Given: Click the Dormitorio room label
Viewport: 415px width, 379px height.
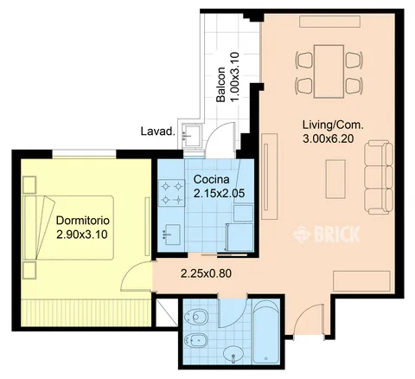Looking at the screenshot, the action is pos(83,221).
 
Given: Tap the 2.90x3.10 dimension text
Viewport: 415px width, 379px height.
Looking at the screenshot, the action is pos(82,234).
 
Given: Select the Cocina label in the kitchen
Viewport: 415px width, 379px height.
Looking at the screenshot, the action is pos(212,179).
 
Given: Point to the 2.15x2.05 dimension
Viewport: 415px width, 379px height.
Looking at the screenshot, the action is pos(219,193).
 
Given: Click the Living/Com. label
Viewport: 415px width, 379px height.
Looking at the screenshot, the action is pos(333,125).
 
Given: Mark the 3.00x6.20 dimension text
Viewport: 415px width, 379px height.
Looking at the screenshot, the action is pos(328,139).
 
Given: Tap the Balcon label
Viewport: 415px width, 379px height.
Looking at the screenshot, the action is pos(220,85).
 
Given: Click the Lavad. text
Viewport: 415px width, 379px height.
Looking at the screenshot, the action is pos(158,132).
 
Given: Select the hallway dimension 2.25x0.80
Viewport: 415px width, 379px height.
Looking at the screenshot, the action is pos(206,273).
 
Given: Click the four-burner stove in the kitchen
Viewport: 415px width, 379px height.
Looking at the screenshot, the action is pos(171,192).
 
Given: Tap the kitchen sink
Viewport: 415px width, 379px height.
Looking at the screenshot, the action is pos(171,234).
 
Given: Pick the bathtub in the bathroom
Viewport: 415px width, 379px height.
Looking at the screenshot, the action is pos(266,331).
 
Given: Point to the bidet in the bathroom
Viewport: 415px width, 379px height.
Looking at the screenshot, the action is pos(197,341).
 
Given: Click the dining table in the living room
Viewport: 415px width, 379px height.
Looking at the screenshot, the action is pos(329,71).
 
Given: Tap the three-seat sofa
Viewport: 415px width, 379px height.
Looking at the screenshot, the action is pos(379,177).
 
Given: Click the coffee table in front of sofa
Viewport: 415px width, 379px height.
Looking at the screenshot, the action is pos(335,179).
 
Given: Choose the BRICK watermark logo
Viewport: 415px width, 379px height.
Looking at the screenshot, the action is pos(326,234).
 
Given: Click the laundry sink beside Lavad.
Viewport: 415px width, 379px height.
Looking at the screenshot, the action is pos(191,135).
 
